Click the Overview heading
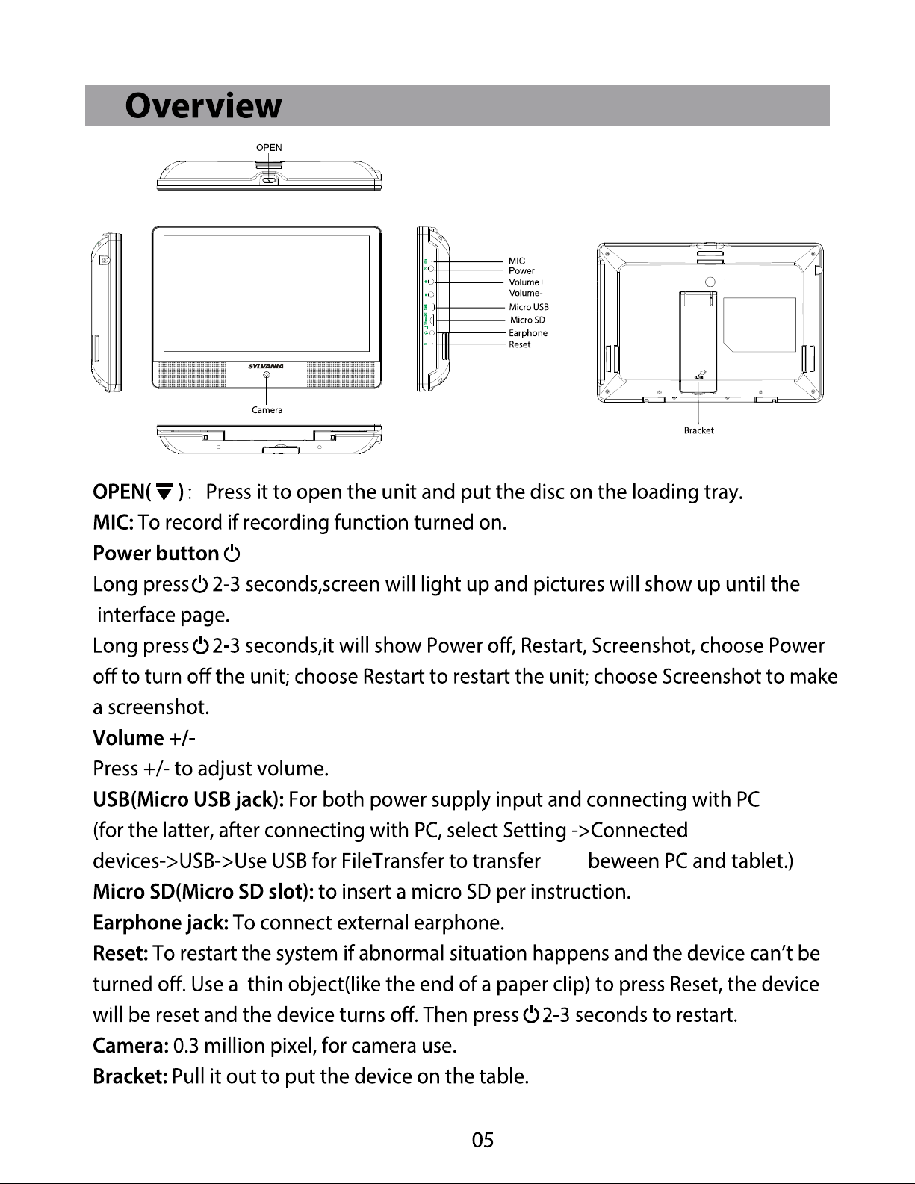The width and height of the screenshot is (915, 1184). tap(203, 106)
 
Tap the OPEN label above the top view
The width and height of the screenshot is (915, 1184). tap(269, 148)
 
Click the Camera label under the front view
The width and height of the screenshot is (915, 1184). tap(267, 410)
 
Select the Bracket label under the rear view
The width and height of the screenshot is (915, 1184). tap(699, 430)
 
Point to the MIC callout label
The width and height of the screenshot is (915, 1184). tap(517, 261)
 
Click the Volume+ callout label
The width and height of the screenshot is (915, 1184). tap(527, 282)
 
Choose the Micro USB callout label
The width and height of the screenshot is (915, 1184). tap(529, 307)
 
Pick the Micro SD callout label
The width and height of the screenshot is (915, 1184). tap(527, 320)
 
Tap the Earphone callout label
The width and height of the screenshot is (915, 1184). tap(528, 333)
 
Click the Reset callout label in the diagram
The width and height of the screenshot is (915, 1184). tap(520, 344)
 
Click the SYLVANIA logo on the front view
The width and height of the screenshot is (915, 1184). tap(266, 366)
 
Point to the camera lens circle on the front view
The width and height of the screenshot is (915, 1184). tap(267, 375)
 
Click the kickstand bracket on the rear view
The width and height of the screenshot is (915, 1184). tap(698, 342)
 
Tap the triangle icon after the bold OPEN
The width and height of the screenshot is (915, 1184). tap(164, 492)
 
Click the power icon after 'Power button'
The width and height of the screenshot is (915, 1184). tap(232, 554)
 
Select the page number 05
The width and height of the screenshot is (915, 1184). tap(483, 1140)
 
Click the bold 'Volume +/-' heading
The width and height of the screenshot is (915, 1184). tap(143, 738)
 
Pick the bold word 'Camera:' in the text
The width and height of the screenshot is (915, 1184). tap(131, 1046)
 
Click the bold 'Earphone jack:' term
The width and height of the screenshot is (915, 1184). tap(161, 923)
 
